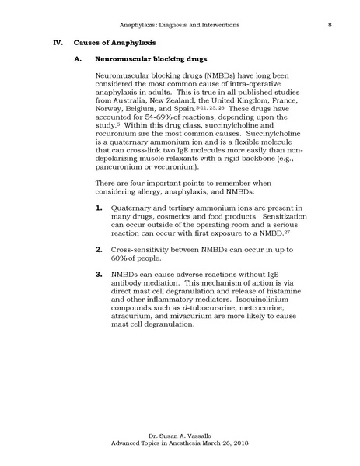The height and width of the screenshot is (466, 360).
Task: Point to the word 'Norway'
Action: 110,112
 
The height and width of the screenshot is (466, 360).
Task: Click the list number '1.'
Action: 98,231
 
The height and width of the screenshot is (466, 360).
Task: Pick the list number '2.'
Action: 98,270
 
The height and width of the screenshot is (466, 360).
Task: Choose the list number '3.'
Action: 98,296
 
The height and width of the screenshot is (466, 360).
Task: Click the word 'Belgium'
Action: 152,112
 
